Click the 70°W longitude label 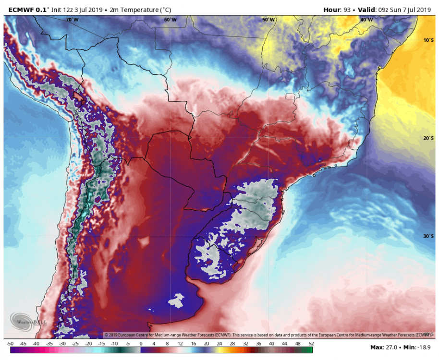(x=72, y=20)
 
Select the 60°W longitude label (x=170, y=20)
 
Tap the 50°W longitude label (x=268, y=20)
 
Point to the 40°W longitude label (x=366, y=20)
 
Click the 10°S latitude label (x=428, y=40)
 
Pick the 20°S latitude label (x=428, y=138)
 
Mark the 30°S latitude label (x=428, y=236)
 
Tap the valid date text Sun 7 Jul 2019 (x=411, y=9)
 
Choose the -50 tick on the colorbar (x=10, y=344)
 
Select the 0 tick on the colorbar (x=141, y=344)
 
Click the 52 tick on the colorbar (x=311, y=344)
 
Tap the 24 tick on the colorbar (x=219, y=344)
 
